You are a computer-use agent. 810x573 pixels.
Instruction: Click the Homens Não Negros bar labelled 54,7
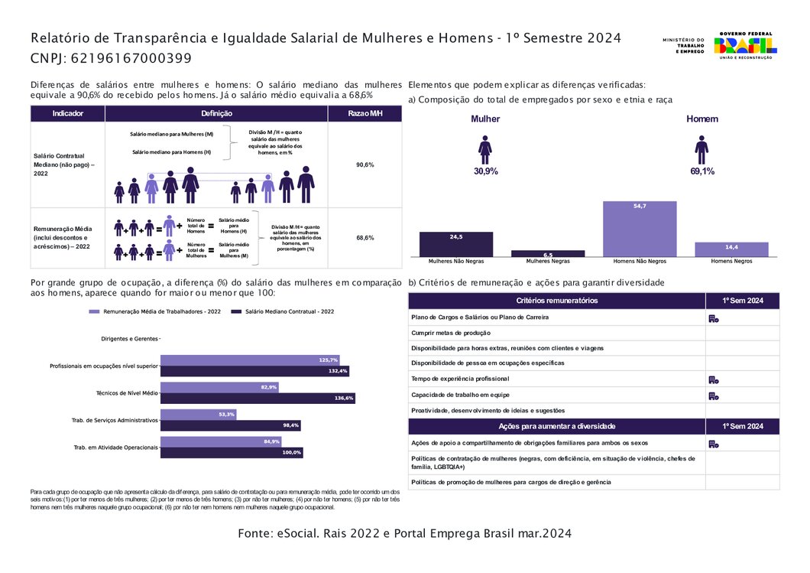(640, 229)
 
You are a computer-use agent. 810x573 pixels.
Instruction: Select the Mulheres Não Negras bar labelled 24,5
(456, 244)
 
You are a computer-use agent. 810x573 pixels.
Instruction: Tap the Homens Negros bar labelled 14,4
(731, 249)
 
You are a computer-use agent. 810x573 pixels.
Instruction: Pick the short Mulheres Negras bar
(548, 253)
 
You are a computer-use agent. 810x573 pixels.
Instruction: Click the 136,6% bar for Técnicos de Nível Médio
(258, 398)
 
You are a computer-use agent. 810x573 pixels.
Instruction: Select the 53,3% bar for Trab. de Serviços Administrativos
(199, 414)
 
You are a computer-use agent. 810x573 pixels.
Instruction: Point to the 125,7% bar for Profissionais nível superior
(250, 360)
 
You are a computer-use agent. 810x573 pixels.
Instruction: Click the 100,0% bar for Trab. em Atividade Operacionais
(232, 452)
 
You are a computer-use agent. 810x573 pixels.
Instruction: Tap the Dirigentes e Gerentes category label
(130, 338)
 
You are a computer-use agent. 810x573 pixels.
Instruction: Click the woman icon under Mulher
(485, 149)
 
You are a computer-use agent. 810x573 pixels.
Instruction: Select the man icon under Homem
(701, 149)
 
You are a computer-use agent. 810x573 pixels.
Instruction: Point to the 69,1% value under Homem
(702, 171)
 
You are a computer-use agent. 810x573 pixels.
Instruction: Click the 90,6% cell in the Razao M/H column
(364, 164)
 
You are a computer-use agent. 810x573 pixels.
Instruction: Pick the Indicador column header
(67, 113)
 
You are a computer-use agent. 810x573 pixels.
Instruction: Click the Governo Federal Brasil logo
(744, 46)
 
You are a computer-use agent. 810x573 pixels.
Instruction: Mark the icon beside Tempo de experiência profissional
(713, 379)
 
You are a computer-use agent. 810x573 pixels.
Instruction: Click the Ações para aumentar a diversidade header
(556, 426)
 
